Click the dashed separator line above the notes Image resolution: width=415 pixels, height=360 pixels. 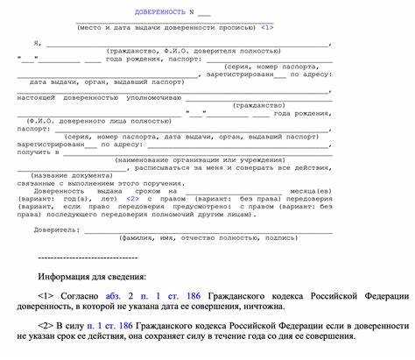[88, 258]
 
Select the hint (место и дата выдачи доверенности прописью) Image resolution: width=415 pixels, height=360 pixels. [165, 28]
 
